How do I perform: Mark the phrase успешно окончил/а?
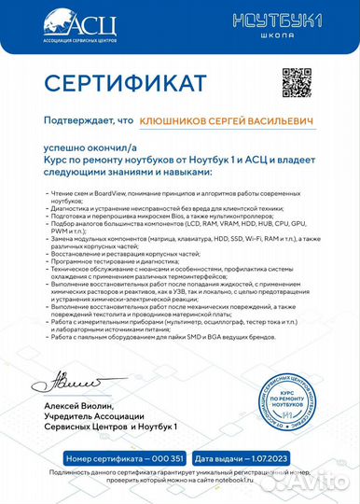(x=84, y=147)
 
